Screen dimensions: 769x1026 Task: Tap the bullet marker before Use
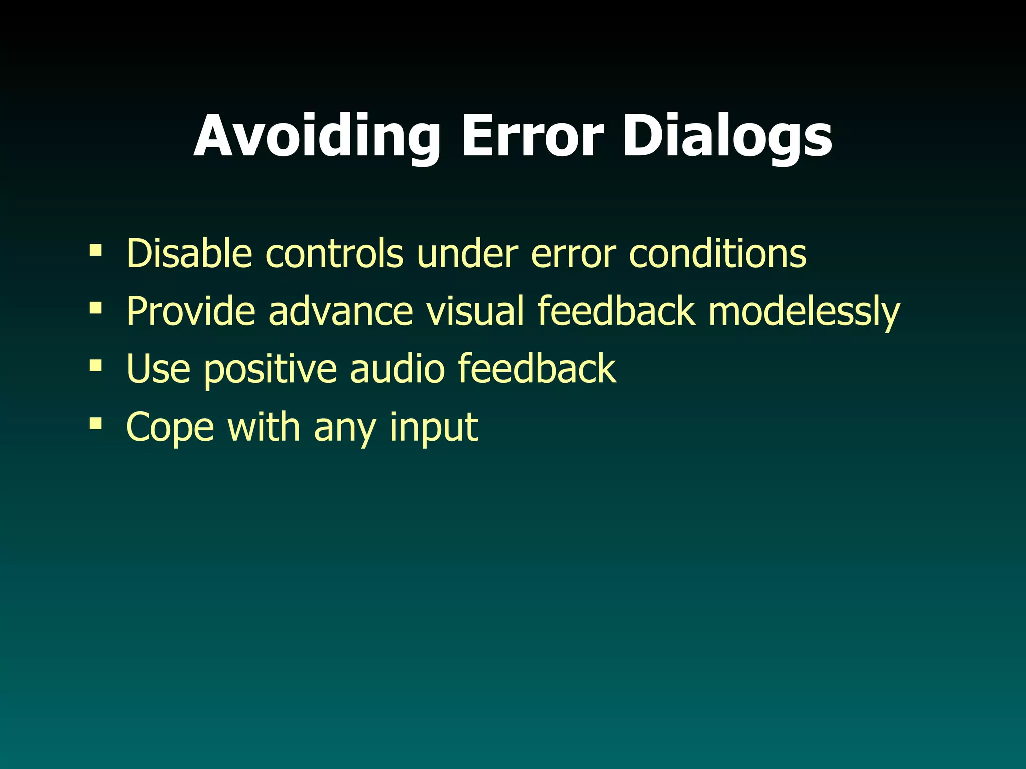[x=95, y=365]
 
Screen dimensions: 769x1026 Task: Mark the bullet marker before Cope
[x=95, y=423]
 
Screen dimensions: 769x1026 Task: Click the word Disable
[x=189, y=253]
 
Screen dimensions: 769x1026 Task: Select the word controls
[x=334, y=253]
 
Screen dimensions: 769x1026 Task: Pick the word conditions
[x=717, y=253]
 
